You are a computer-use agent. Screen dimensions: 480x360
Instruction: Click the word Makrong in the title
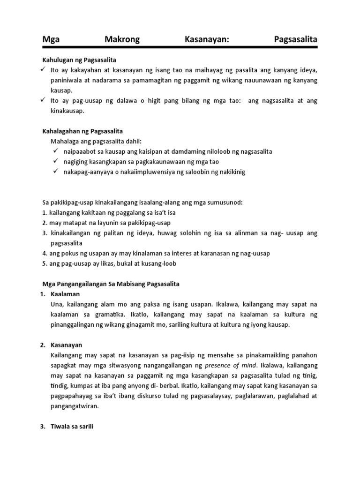click(122, 40)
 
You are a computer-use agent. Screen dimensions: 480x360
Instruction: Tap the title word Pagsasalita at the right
click(296, 40)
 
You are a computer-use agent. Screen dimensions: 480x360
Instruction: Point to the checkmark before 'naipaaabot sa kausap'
click(55, 151)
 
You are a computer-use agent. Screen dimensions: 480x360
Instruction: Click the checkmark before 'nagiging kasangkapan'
click(55, 161)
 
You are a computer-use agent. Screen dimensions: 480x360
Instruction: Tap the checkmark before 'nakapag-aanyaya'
click(55, 172)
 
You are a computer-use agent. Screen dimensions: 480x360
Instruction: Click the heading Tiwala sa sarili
click(73, 427)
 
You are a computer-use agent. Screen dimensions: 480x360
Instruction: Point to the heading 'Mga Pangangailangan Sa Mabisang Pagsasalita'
click(111, 284)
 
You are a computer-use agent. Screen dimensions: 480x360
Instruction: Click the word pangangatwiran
click(75, 406)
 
